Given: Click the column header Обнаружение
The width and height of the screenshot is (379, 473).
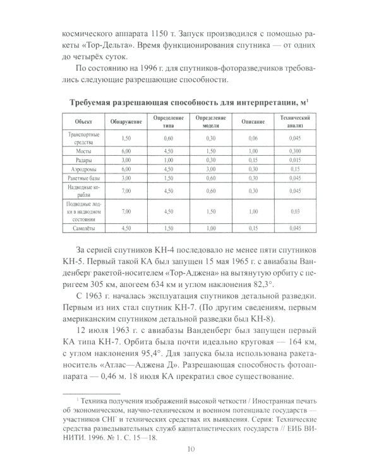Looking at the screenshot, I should [x=109, y=120].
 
